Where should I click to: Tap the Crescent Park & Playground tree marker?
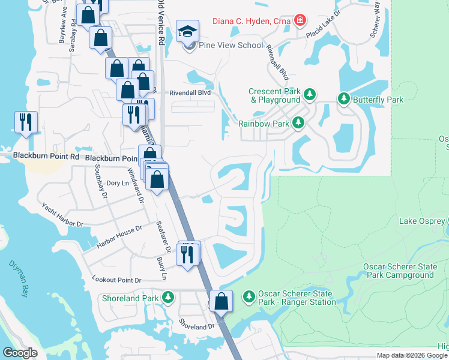[x=310, y=95]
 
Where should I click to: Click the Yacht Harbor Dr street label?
[x=62, y=215]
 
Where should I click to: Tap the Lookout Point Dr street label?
[x=116, y=280]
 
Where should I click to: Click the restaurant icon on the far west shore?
[x=26, y=122]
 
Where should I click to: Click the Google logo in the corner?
[x=20, y=352]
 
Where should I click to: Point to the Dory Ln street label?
[x=117, y=183]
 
